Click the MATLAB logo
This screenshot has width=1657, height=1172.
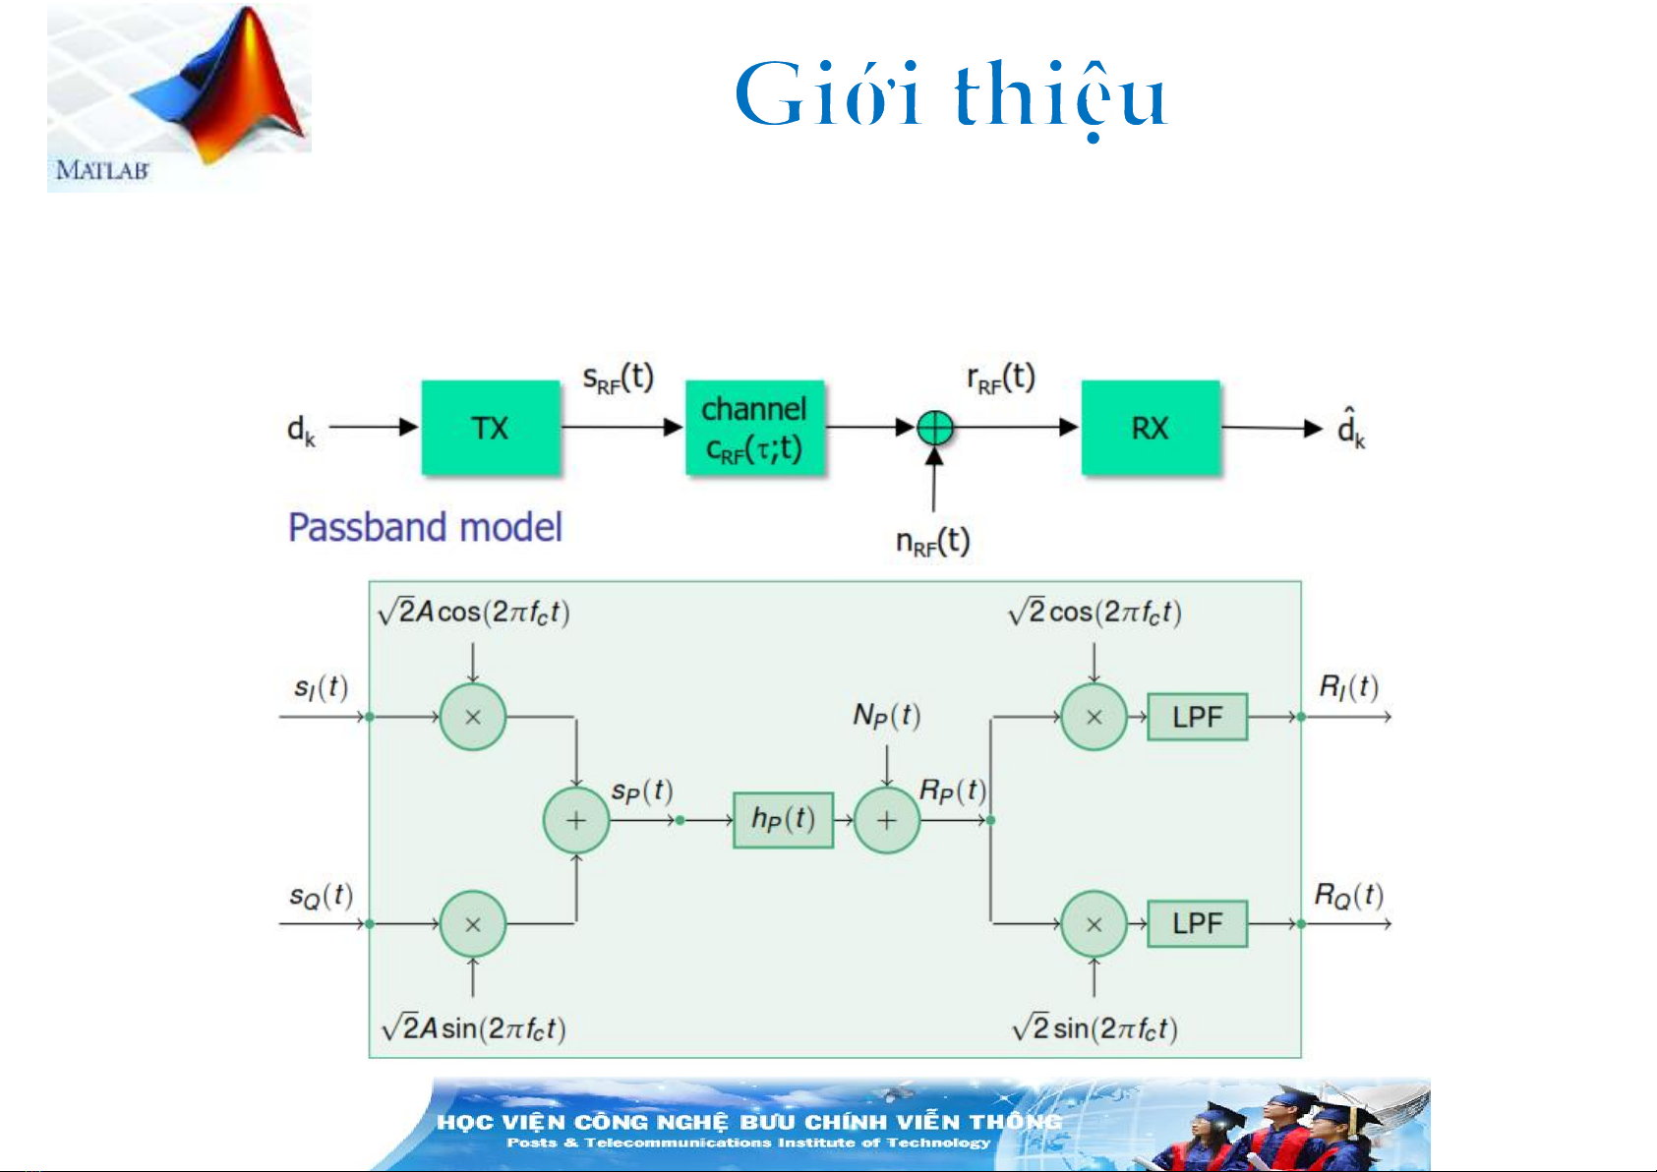coord(179,96)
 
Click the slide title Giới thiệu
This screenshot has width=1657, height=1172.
coord(950,95)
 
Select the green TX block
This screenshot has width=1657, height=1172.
coord(491,428)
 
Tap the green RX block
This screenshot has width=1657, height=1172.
coord(1150,428)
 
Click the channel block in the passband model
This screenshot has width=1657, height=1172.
coord(754,428)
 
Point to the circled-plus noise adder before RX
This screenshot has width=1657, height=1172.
coord(934,428)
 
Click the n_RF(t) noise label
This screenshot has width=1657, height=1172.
coord(932,541)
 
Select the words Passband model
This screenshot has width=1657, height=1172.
coord(425,528)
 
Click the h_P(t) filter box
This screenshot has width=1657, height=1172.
coord(783,819)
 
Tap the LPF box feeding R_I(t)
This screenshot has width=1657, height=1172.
coord(1197,717)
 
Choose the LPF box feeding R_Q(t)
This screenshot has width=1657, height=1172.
coord(1197,923)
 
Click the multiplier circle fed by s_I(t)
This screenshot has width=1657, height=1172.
coord(473,717)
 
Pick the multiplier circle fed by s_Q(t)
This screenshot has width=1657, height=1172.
coord(473,924)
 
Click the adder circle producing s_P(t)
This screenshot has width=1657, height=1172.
coord(576,819)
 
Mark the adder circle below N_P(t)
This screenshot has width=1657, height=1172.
coord(887,819)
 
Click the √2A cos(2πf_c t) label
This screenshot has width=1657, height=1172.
coord(474,612)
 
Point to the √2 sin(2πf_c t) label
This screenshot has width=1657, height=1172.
coord(1095,1028)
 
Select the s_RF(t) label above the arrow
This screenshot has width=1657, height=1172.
coord(618,378)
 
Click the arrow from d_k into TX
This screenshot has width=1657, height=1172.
coord(374,428)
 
